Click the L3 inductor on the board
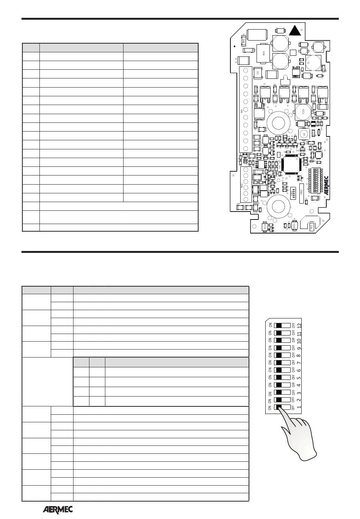point(303,134)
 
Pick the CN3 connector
point(301,192)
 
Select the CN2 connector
point(293,193)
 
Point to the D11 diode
point(294,225)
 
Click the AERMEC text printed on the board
point(327,185)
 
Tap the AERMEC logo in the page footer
point(57,510)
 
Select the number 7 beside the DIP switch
point(299,363)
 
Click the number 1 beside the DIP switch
point(299,407)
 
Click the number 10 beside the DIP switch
point(299,340)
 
